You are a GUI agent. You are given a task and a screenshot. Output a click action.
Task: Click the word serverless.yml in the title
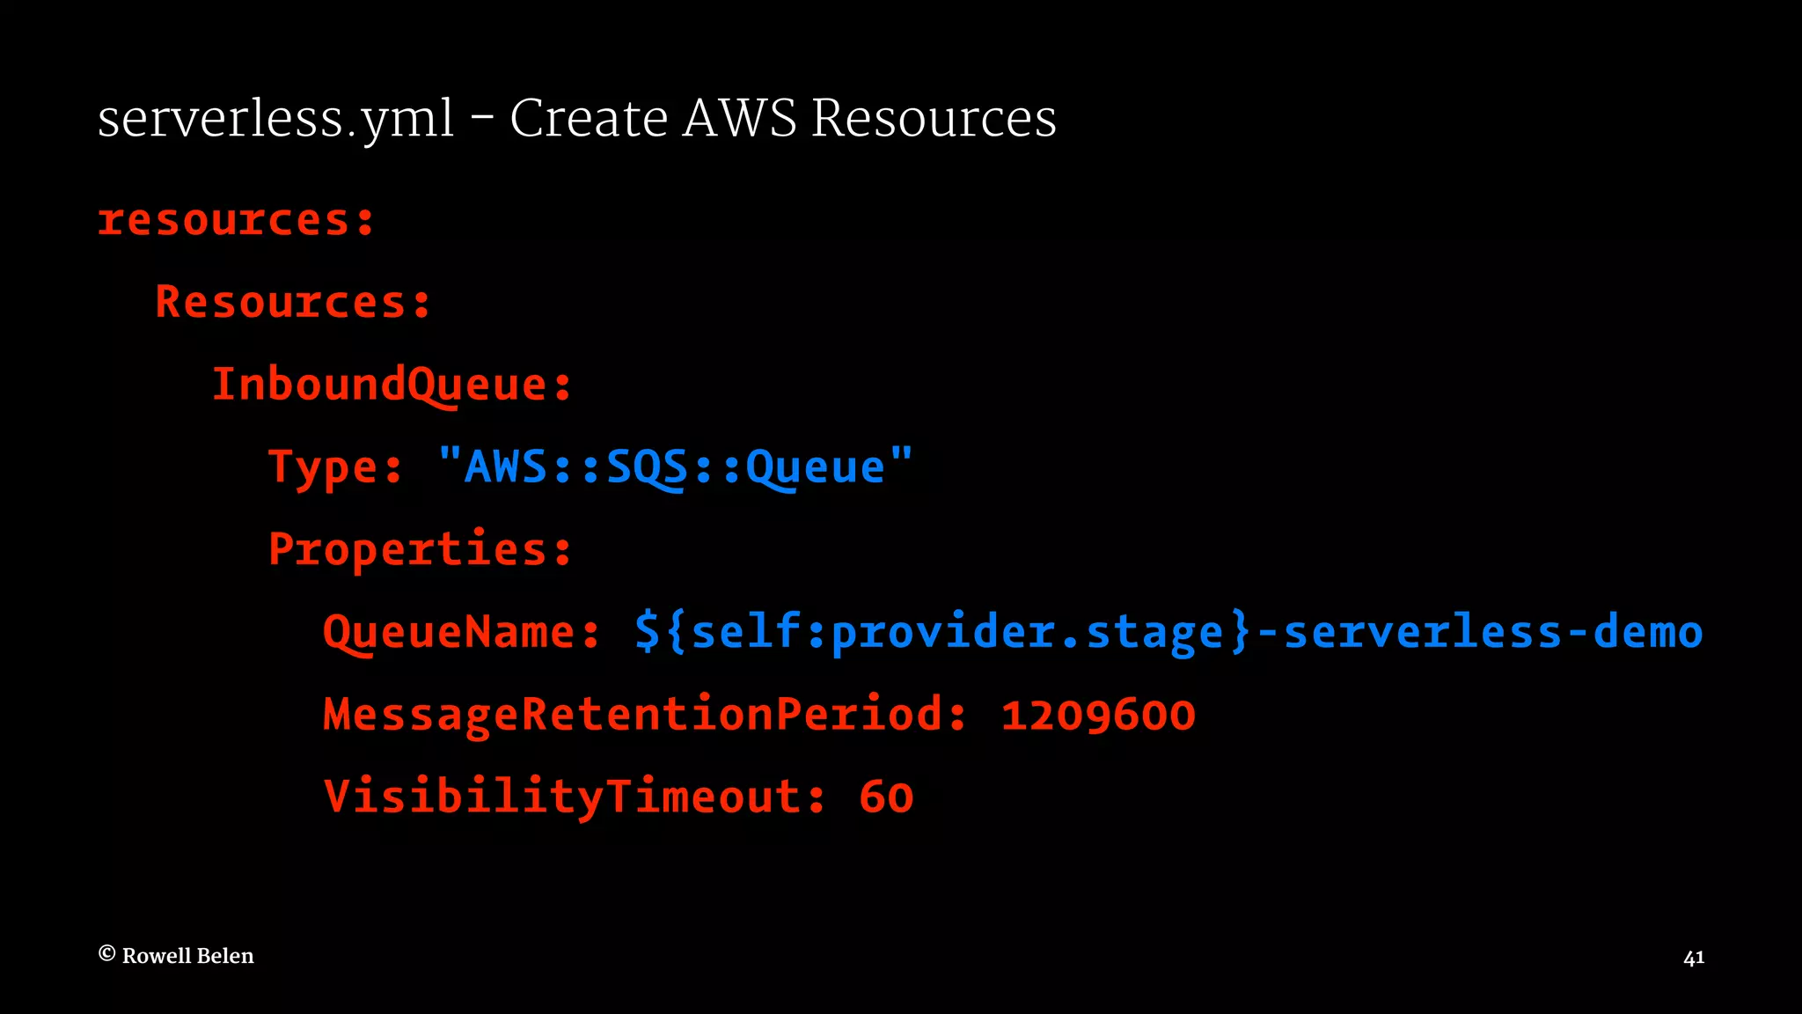coord(275,119)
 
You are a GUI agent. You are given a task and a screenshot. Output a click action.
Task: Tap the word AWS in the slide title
coord(739,118)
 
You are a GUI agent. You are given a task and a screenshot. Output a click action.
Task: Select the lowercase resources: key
coord(236,219)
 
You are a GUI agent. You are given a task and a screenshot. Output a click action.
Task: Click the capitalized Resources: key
coord(293,302)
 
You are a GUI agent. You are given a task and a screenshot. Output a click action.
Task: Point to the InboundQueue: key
coord(392,385)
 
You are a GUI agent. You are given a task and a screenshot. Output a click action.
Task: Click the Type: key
coord(335,467)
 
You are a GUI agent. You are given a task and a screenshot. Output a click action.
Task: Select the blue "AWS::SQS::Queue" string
coord(675,466)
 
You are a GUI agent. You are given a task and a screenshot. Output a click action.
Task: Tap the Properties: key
coord(421,549)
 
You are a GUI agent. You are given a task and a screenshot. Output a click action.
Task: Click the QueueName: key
coord(462,632)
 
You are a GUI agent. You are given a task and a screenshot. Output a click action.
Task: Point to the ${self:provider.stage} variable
coord(942,632)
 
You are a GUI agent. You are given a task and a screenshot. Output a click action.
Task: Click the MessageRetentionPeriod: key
coord(645,714)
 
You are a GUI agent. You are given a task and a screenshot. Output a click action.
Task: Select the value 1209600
coord(1098,715)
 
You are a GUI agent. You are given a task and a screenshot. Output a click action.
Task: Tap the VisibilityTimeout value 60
coord(886,797)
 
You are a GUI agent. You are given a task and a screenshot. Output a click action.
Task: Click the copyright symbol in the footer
coord(106,954)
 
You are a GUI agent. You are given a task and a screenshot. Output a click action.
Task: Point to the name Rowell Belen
coord(187,956)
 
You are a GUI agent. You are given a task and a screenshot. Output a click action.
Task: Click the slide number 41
coord(1694,958)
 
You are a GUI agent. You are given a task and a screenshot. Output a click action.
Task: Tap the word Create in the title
coord(589,118)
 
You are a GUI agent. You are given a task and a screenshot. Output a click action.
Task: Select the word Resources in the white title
coord(934,118)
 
